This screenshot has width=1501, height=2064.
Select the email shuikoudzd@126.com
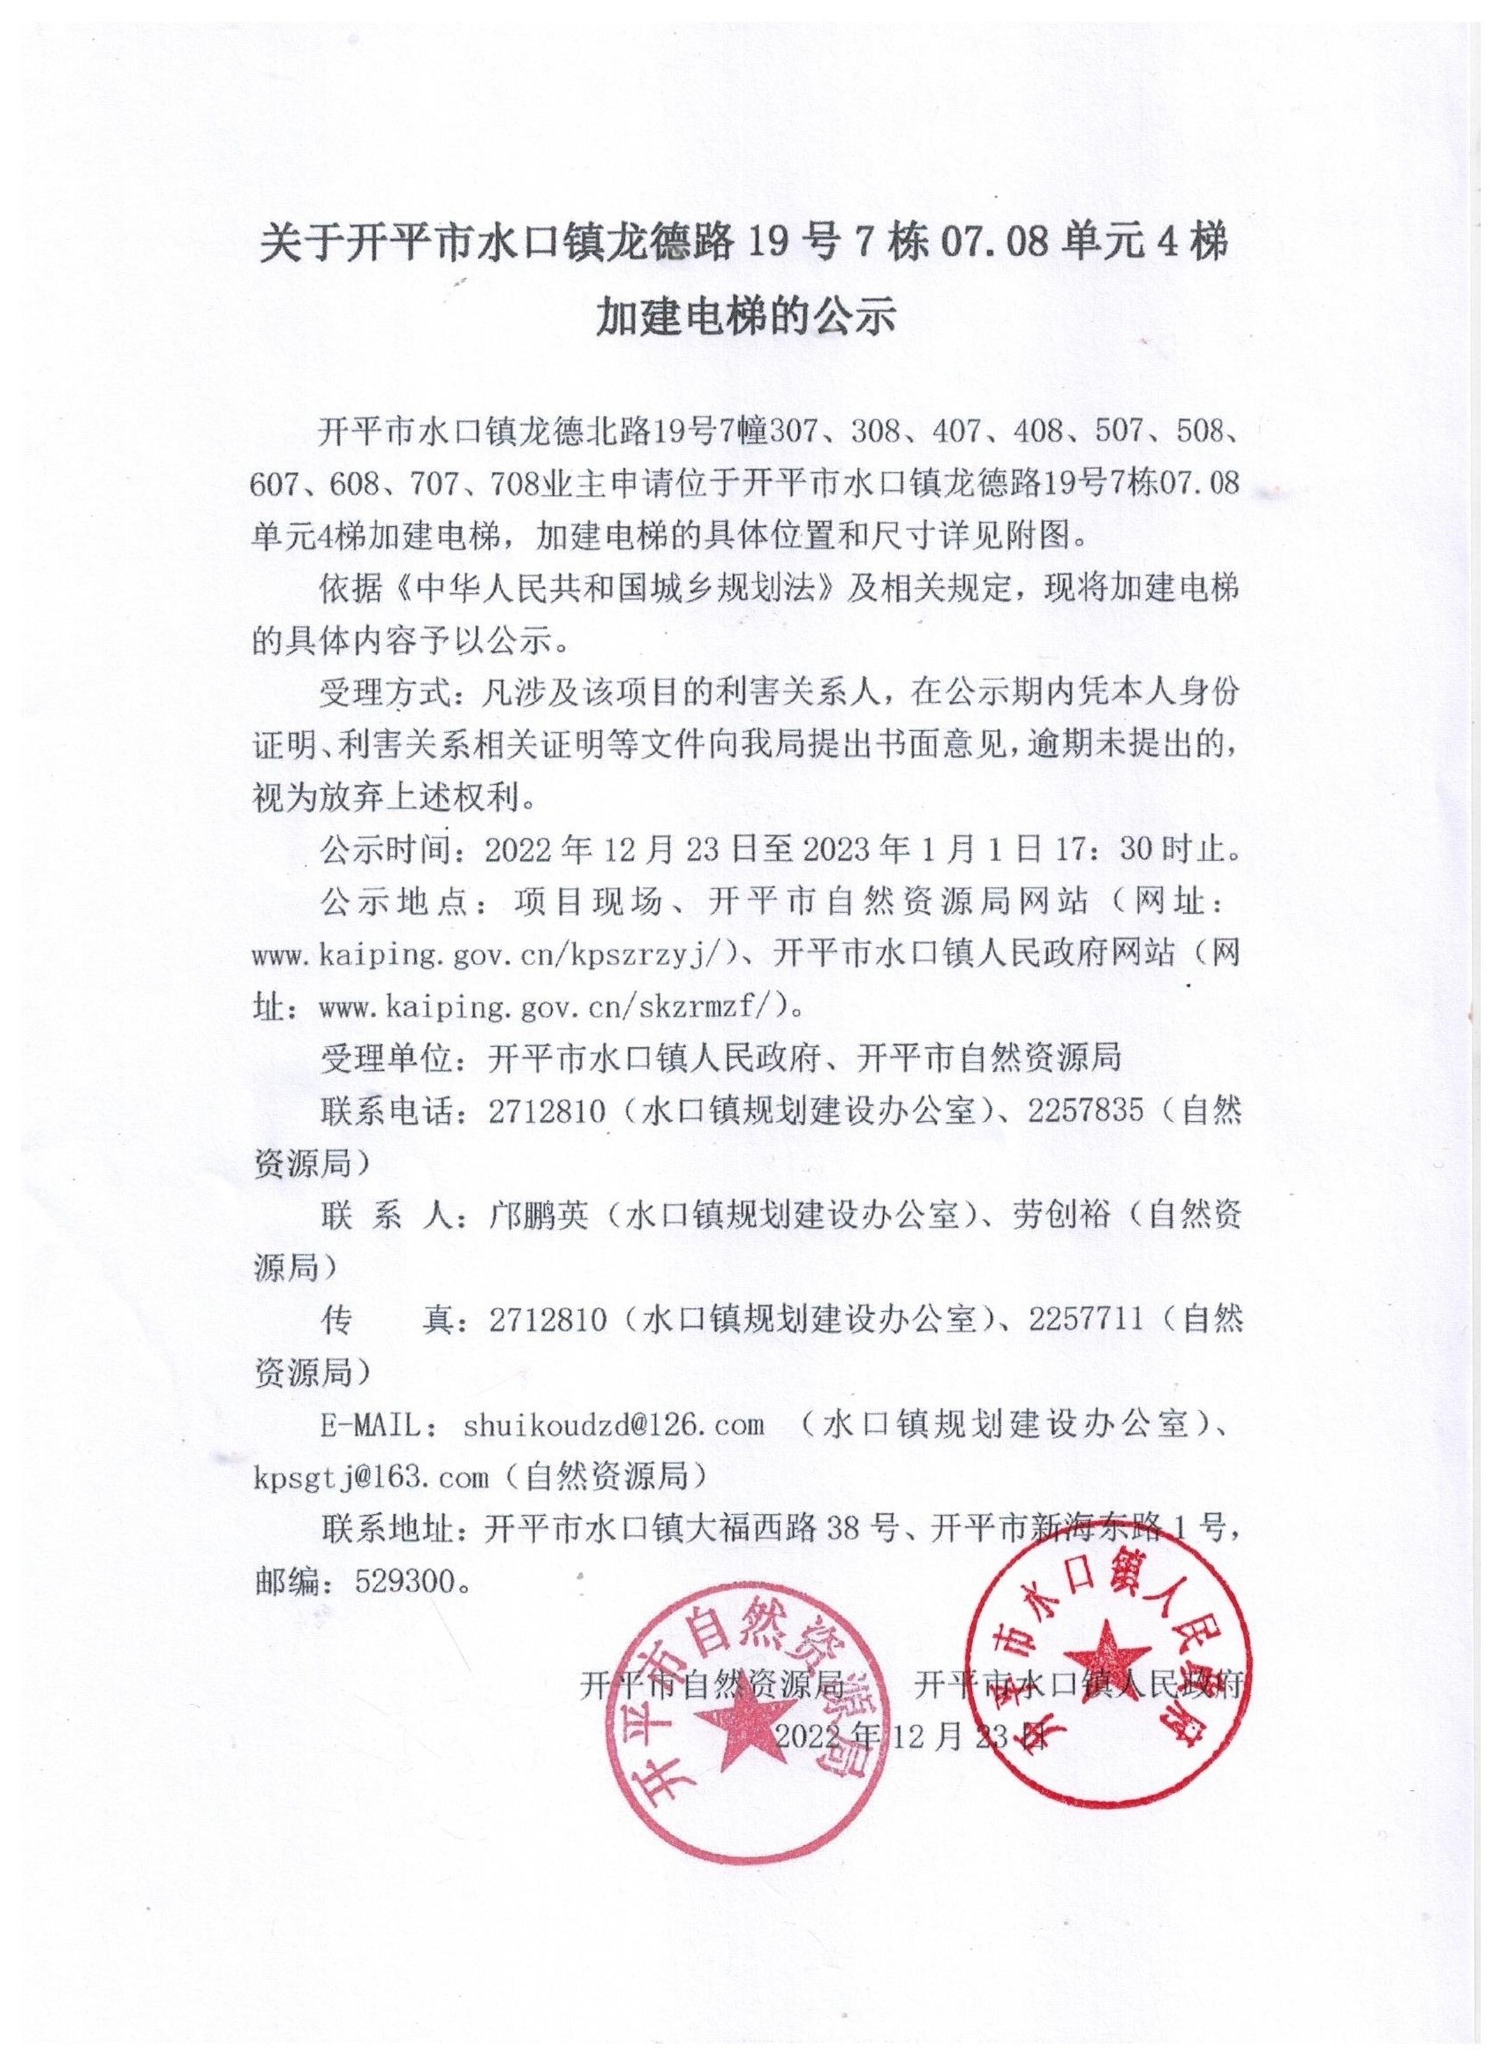613,1425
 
